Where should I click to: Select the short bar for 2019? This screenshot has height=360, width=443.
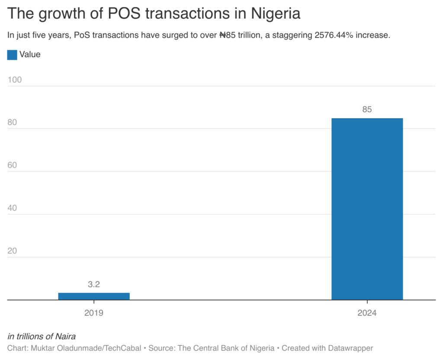(x=94, y=296)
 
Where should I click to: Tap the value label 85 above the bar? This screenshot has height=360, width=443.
(x=367, y=109)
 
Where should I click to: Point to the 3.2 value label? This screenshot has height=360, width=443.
(x=94, y=284)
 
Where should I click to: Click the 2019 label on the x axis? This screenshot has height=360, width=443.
(x=94, y=313)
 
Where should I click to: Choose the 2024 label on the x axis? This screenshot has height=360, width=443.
(x=367, y=313)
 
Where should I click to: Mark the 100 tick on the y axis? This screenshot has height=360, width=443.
(x=15, y=80)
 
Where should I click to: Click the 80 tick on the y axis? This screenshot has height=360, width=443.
(x=13, y=122)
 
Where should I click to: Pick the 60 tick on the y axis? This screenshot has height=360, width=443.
(x=13, y=165)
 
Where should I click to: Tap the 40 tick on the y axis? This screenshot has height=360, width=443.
(x=13, y=208)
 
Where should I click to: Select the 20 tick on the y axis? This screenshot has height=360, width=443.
(x=13, y=251)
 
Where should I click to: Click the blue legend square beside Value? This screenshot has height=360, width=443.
(x=12, y=55)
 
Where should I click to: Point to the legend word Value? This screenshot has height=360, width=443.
(x=30, y=55)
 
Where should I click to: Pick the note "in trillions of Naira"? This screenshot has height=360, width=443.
(x=42, y=336)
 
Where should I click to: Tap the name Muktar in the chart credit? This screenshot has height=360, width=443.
(x=42, y=348)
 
